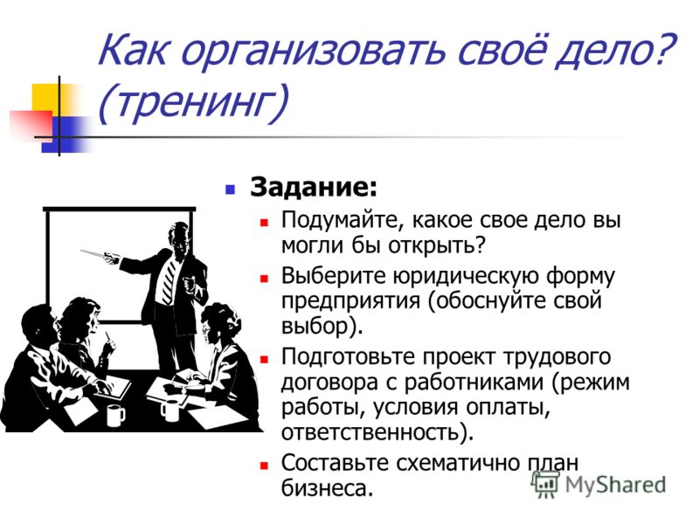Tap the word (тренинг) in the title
click(192, 102)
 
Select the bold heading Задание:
click(314, 187)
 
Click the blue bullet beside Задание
click(230, 190)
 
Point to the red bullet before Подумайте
click(265, 222)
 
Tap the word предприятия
click(351, 302)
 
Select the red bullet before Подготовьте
click(265, 359)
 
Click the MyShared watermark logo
click(599, 484)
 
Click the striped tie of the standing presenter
click(170, 279)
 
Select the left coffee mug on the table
click(115, 416)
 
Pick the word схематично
click(459, 463)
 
